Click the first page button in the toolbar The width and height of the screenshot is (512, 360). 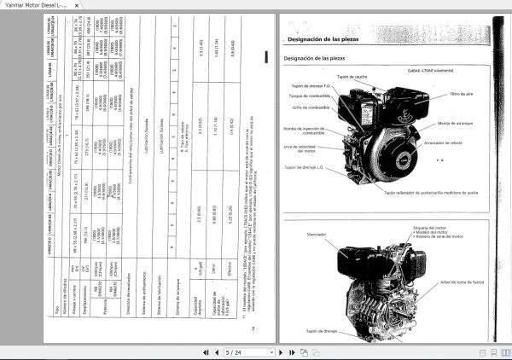[205, 351]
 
